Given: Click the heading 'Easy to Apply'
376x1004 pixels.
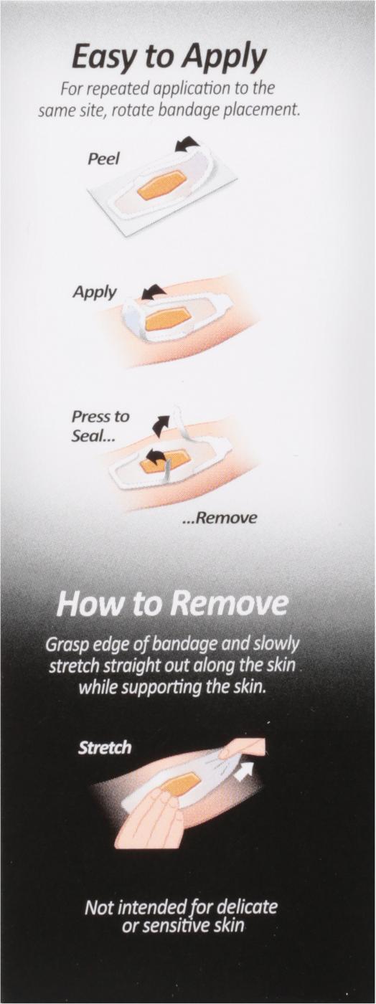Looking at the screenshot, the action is pos(169,59).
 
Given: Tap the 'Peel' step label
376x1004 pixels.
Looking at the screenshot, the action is pos(103,158).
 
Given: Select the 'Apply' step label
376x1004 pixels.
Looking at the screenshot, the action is pos(94,293).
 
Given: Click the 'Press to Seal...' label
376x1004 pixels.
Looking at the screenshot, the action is pos(100,426).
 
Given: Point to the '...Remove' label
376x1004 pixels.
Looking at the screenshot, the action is pos(220,518).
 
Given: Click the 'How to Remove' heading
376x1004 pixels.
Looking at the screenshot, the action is pos(171,605).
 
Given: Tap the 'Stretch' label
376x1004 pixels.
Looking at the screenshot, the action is pos(105,747).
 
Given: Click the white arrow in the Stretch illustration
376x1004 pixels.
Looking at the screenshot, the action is pos(243,772).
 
